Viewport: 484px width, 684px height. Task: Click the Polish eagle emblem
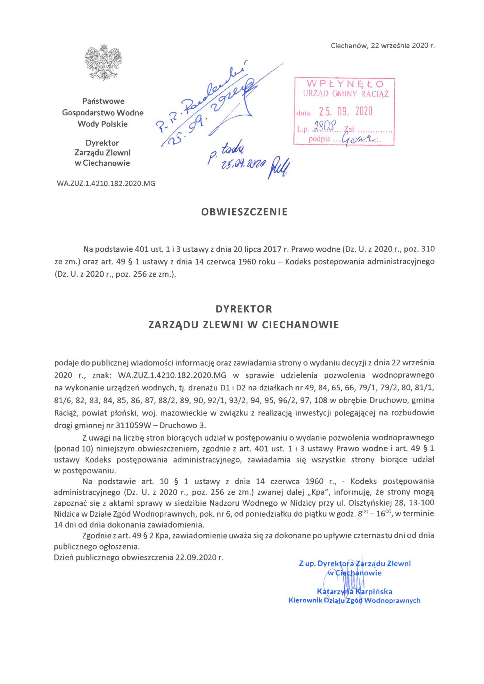pyautogui.click(x=103, y=62)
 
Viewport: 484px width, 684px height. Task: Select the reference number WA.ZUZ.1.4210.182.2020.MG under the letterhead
pyautogui.click(x=106, y=183)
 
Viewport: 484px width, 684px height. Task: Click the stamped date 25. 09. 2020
pyautogui.click(x=346, y=111)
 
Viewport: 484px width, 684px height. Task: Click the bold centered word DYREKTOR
pyautogui.click(x=244, y=309)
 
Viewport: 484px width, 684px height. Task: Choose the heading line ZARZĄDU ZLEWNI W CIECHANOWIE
pyautogui.click(x=244, y=324)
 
